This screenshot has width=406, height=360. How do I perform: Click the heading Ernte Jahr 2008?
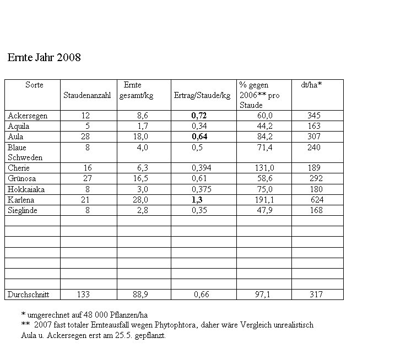tap(44, 57)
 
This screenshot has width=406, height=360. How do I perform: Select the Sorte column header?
tap(34, 85)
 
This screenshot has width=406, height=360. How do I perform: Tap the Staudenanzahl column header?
tap(87, 96)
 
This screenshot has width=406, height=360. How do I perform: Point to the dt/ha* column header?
tap(311, 85)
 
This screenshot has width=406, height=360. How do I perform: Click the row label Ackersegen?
tap(28, 116)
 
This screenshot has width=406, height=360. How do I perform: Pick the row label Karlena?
tap(21, 199)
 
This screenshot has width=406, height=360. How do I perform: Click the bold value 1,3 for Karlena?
tap(197, 199)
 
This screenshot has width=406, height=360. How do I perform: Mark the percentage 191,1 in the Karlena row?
tap(264, 199)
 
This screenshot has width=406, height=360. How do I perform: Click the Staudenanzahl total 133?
tap(83, 294)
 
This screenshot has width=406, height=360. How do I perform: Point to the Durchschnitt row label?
tap(28, 294)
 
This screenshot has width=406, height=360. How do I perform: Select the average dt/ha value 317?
tap(316, 294)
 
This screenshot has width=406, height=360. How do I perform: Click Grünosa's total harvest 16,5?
tap(140, 178)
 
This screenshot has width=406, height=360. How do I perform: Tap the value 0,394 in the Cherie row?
tap(202, 168)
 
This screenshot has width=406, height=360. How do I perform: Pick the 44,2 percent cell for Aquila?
tap(265, 126)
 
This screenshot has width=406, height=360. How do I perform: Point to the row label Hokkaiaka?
tap(26, 189)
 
